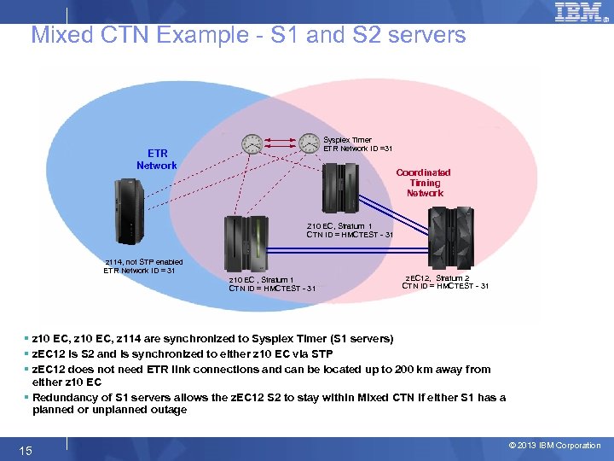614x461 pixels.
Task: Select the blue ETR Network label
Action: click(x=157, y=160)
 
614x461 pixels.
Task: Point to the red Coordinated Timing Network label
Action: click(x=424, y=183)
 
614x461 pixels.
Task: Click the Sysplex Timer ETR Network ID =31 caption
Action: click(x=358, y=144)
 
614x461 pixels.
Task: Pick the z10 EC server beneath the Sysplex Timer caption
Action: click(x=340, y=187)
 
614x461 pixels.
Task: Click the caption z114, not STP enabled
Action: click(x=143, y=262)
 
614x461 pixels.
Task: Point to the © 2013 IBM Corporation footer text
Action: click(x=554, y=445)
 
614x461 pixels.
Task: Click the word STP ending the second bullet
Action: click(x=321, y=353)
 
